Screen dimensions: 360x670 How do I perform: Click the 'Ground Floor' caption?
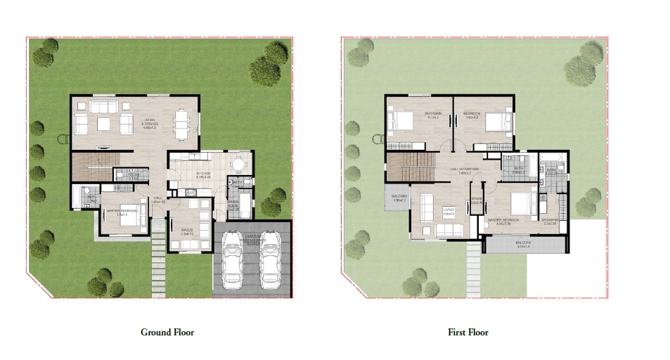167,332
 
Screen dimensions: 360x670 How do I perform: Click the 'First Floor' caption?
468,332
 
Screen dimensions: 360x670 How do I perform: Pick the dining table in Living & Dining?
182,124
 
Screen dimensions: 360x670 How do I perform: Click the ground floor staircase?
91,167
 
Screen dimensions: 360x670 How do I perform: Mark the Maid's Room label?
233,206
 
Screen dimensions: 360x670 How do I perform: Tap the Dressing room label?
550,220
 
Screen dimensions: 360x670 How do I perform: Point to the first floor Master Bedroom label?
503,221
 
